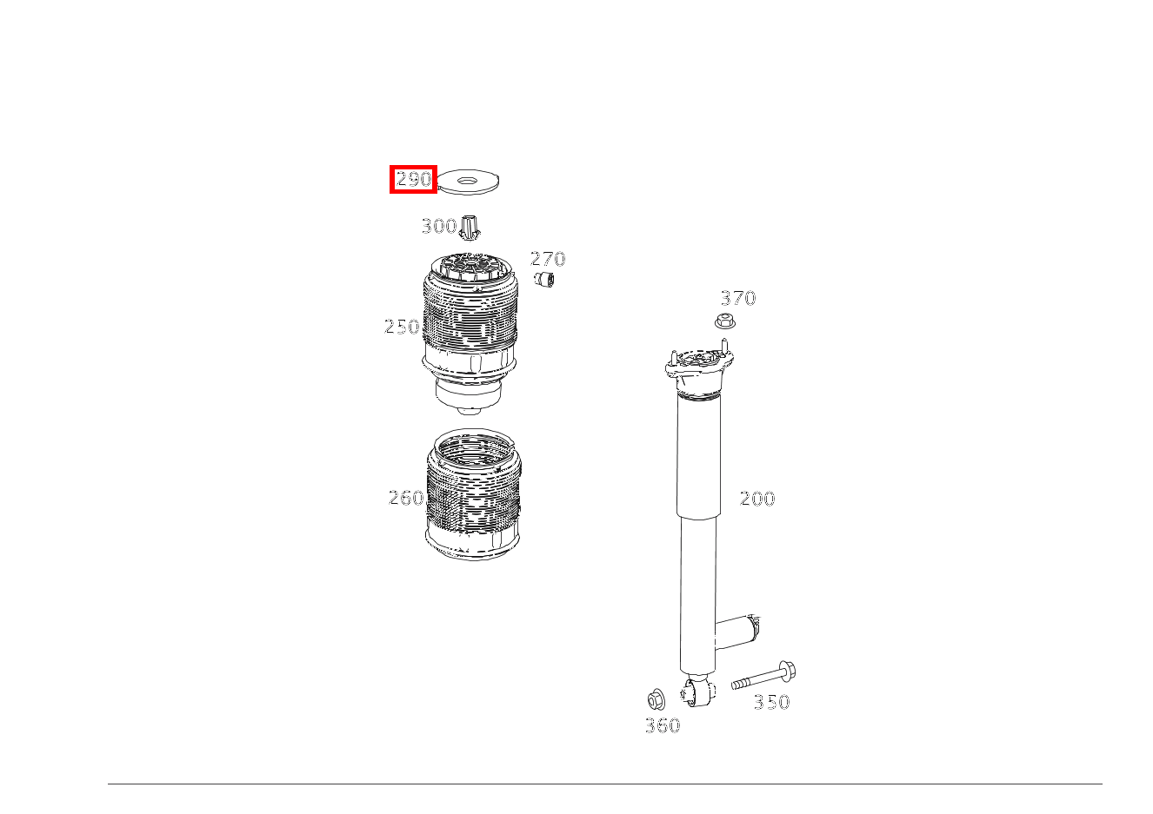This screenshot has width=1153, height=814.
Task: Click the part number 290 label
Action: tap(414, 180)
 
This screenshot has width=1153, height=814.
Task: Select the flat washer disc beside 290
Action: tap(468, 182)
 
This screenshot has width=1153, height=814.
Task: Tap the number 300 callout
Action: tap(439, 226)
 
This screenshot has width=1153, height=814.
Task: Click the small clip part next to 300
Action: tap(469, 228)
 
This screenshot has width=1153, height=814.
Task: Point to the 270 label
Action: tap(548, 259)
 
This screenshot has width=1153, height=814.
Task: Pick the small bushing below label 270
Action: tap(544, 279)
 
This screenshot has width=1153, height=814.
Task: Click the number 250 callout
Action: tap(402, 327)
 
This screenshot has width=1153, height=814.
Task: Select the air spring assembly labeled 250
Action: tap(469, 334)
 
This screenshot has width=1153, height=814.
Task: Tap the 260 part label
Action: tap(406, 498)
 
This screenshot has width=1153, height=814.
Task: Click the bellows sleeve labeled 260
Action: tap(474, 494)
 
